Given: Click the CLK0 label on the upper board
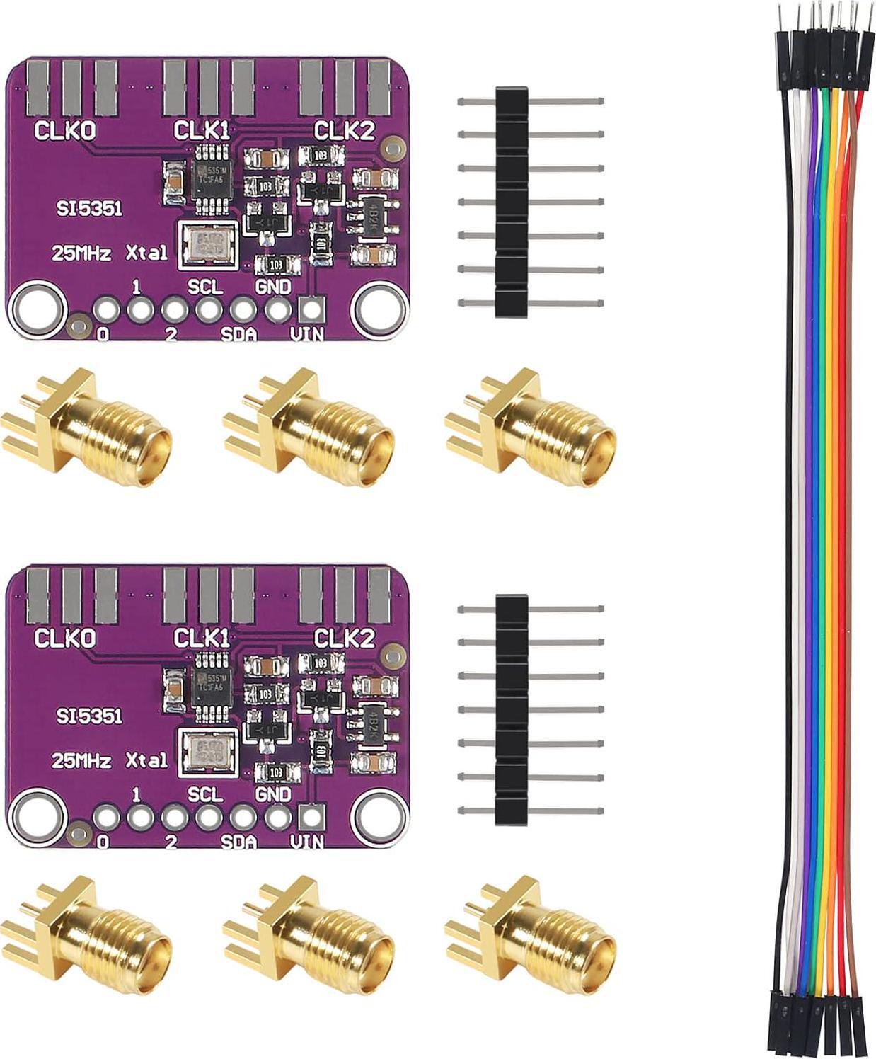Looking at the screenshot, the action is coord(65,131).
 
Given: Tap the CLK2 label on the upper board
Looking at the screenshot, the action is coord(344,131).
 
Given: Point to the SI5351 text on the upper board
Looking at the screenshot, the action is coord(89,209).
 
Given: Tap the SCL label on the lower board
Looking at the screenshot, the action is coord(205,794).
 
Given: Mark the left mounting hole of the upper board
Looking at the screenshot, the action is coord(38,309).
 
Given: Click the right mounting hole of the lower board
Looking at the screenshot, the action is coord(381,817).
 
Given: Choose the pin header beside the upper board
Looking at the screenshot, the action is coord(512,202).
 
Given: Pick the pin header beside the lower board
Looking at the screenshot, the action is coord(512,709).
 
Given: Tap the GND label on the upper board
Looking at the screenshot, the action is coord(272,287).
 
